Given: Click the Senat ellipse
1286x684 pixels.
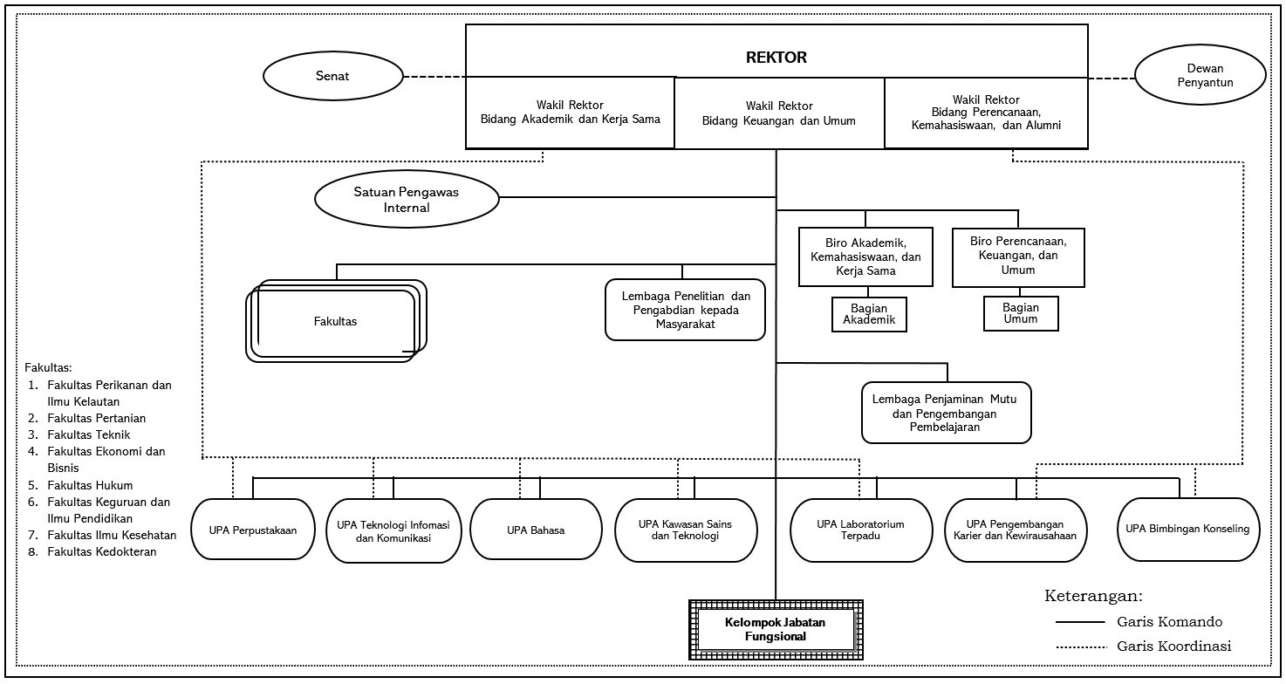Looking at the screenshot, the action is click(x=333, y=76).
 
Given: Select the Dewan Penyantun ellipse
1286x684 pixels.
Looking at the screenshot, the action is click(x=1200, y=75).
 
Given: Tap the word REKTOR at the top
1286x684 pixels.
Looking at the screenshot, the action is click(x=776, y=58).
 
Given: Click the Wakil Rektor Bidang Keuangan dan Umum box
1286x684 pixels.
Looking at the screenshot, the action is click(x=779, y=113).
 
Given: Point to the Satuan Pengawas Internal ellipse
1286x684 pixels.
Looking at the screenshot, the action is click(x=407, y=199).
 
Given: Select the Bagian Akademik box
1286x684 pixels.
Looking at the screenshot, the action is click(x=869, y=314).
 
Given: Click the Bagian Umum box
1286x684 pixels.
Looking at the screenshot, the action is click(x=1021, y=313).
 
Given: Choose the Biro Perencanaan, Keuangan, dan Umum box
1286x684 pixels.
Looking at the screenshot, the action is click(x=1018, y=257).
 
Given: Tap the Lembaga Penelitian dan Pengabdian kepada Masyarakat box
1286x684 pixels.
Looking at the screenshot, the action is click(x=686, y=310).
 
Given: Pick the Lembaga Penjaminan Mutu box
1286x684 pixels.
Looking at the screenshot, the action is click(x=946, y=413).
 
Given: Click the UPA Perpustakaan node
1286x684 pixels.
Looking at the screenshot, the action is click(x=253, y=530).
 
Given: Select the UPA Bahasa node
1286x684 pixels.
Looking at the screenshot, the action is click(x=536, y=530).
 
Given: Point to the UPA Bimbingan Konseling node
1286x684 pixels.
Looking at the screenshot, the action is click(x=1187, y=529).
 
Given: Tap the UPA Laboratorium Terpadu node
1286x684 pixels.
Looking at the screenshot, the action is click(x=860, y=530).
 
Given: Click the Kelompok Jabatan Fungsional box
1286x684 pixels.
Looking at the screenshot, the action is click(x=776, y=630).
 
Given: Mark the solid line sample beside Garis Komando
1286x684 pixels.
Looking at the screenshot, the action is click(x=1080, y=622).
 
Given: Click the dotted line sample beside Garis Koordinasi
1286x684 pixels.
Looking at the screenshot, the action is click(x=1081, y=647).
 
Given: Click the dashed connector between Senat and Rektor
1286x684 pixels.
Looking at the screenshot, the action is click(x=434, y=77).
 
